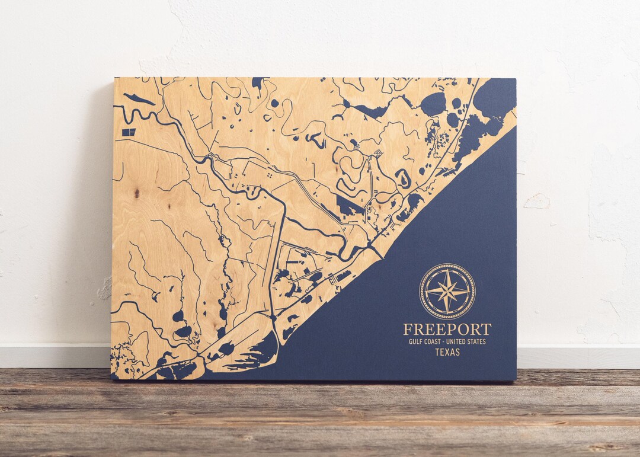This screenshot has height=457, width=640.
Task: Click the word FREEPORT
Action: [447, 330]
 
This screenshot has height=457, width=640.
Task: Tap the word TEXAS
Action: [447, 352]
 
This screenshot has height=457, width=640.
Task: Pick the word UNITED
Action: [459, 341]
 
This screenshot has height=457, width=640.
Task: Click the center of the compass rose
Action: [447, 291]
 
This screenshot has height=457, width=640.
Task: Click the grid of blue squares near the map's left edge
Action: [129, 132]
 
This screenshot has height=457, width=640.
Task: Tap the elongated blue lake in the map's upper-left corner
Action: [139, 99]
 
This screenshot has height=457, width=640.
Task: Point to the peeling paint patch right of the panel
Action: [537, 202]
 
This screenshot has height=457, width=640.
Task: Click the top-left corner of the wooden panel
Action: [115, 78]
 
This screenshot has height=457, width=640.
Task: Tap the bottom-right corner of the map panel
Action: [515, 379]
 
